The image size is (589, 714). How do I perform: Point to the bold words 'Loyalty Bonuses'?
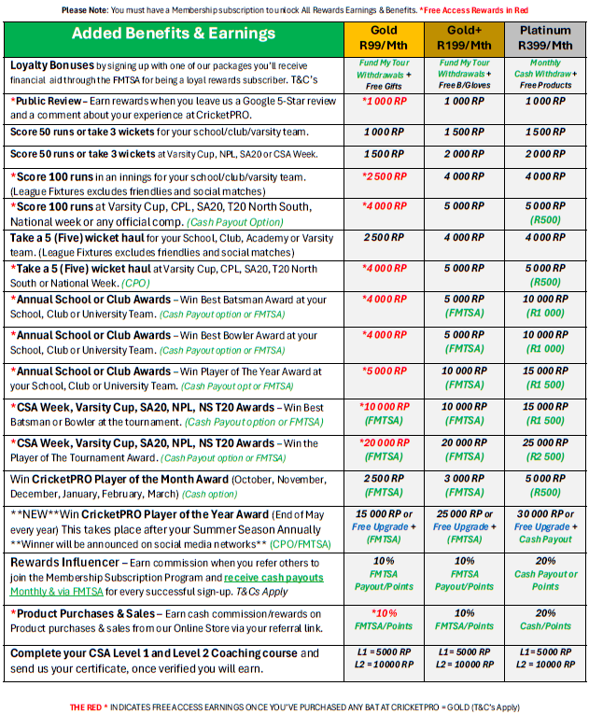click(x=54, y=66)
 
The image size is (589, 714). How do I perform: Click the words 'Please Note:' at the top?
click(x=86, y=9)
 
